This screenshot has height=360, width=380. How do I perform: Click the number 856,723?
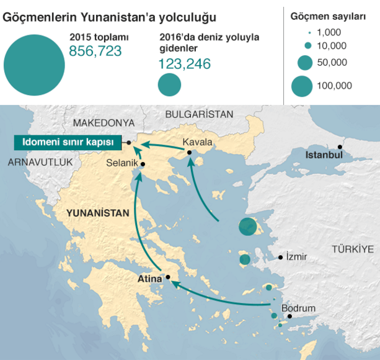tap(95, 52)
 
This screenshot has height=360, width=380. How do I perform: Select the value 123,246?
tap(185, 63)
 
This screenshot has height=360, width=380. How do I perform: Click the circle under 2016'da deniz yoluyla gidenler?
tap(169, 85)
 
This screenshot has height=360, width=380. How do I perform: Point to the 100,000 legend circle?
tap(302, 86)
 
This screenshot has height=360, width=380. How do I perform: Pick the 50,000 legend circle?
tap(304, 62)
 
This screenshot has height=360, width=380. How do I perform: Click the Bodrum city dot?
tap(289, 316)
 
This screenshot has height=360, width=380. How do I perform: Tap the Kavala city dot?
tap(188, 152)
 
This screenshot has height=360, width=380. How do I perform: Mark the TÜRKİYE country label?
tap(353, 249)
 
